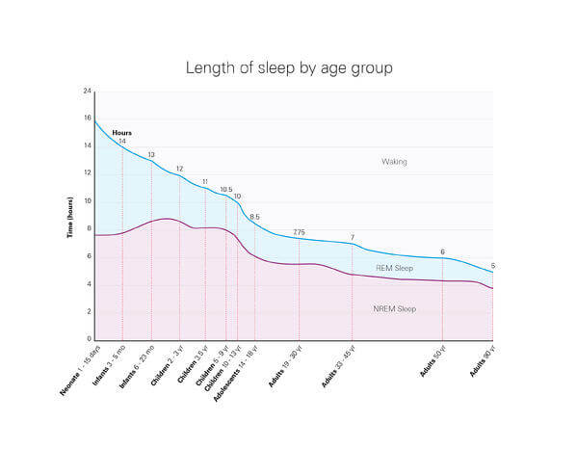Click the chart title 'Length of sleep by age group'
(289, 68)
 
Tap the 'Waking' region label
(394, 162)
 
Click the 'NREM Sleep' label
(394, 309)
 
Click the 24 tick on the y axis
(87, 92)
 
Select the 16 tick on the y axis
(87, 119)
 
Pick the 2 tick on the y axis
(89, 312)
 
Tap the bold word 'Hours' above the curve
(121, 133)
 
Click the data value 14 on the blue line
(122, 142)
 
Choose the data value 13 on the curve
(151, 155)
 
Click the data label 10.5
(225, 190)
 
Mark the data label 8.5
(254, 217)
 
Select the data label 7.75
(299, 232)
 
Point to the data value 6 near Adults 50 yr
(442, 251)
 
